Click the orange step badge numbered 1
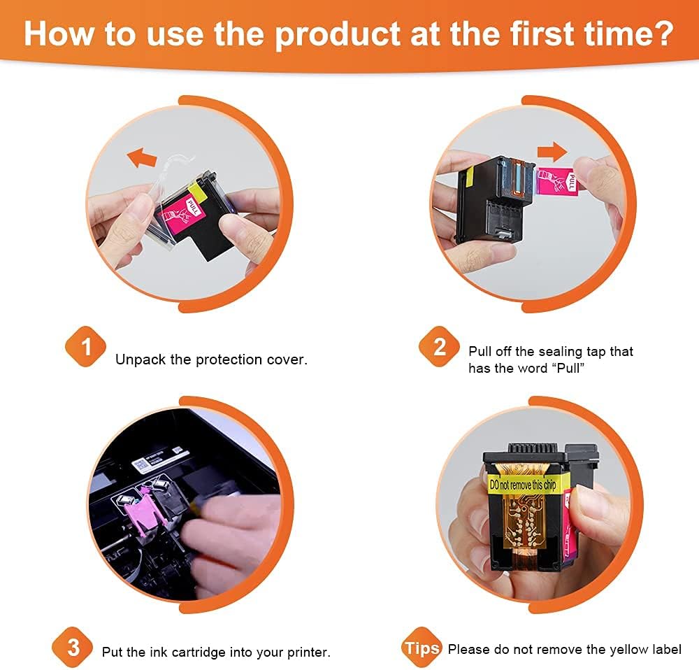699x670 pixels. tap(85, 347)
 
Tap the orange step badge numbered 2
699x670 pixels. tap(439, 347)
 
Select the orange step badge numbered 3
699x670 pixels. tap(73, 647)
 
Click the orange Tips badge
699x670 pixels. tap(421, 647)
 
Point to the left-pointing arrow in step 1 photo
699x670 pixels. tap(142, 157)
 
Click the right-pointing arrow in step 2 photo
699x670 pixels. tap(552, 151)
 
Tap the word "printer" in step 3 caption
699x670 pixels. tap(308, 652)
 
